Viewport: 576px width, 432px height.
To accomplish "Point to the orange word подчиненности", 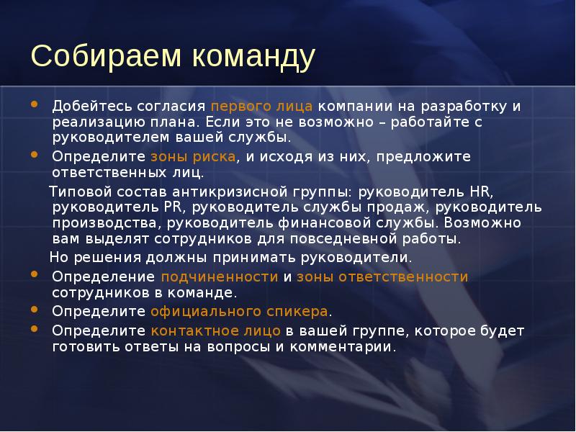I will [x=219, y=276].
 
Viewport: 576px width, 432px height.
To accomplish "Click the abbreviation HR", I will [x=479, y=192].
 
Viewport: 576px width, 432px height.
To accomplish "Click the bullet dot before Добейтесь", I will [x=35, y=105].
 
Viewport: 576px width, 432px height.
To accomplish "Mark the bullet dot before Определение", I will [x=35, y=276].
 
